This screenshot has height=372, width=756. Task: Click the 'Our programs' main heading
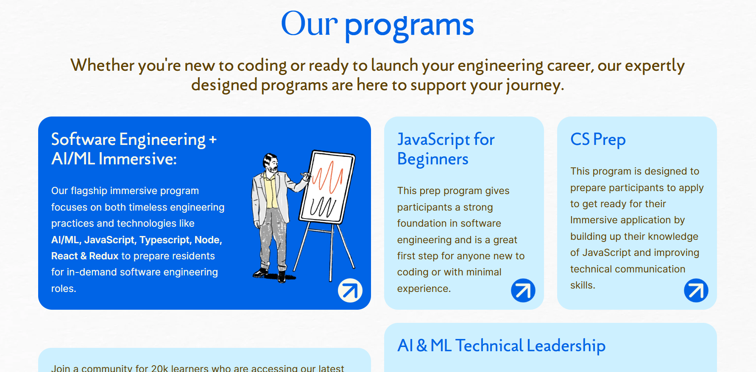tap(377, 25)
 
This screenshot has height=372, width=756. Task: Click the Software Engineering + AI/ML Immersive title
tap(134, 149)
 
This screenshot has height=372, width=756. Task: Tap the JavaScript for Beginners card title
tap(446, 149)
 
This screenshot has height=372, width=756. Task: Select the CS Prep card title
tap(598, 139)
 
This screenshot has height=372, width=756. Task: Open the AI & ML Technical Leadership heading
tap(501, 346)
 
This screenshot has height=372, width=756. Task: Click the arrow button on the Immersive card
tap(350, 290)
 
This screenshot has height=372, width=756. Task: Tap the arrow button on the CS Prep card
tap(696, 290)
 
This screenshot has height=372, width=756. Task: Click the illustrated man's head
tap(271, 163)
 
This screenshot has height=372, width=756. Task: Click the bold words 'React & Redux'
tap(85, 256)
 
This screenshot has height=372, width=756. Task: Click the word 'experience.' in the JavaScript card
tap(424, 289)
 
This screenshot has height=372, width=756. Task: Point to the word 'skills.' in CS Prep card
tap(583, 285)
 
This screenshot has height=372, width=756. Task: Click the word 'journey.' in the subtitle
tap(535, 86)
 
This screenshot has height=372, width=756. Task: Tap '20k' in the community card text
tap(160, 368)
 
